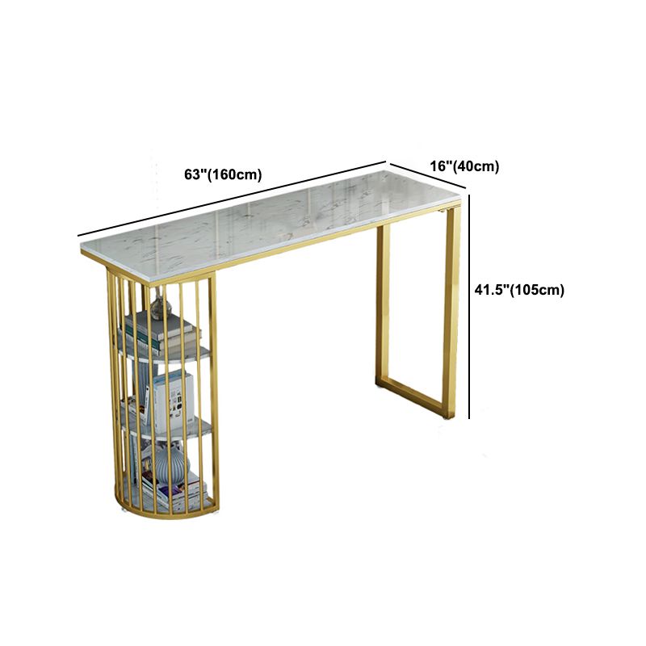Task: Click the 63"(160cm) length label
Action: click(x=223, y=174)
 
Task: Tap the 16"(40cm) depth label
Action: click(x=464, y=166)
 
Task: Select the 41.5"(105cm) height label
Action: click(x=519, y=290)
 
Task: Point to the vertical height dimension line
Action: click(x=469, y=307)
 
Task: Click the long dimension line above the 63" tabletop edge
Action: click(x=232, y=199)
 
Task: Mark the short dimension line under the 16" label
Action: click(x=428, y=176)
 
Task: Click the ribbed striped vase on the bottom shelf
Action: click(x=171, y=466)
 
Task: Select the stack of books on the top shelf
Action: click(x=158, y=333)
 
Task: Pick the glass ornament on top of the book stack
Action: click(x=160, y=304)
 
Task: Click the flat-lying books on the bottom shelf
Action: click(x=175, y=492)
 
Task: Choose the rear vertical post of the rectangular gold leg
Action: click(x=383, y=305)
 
